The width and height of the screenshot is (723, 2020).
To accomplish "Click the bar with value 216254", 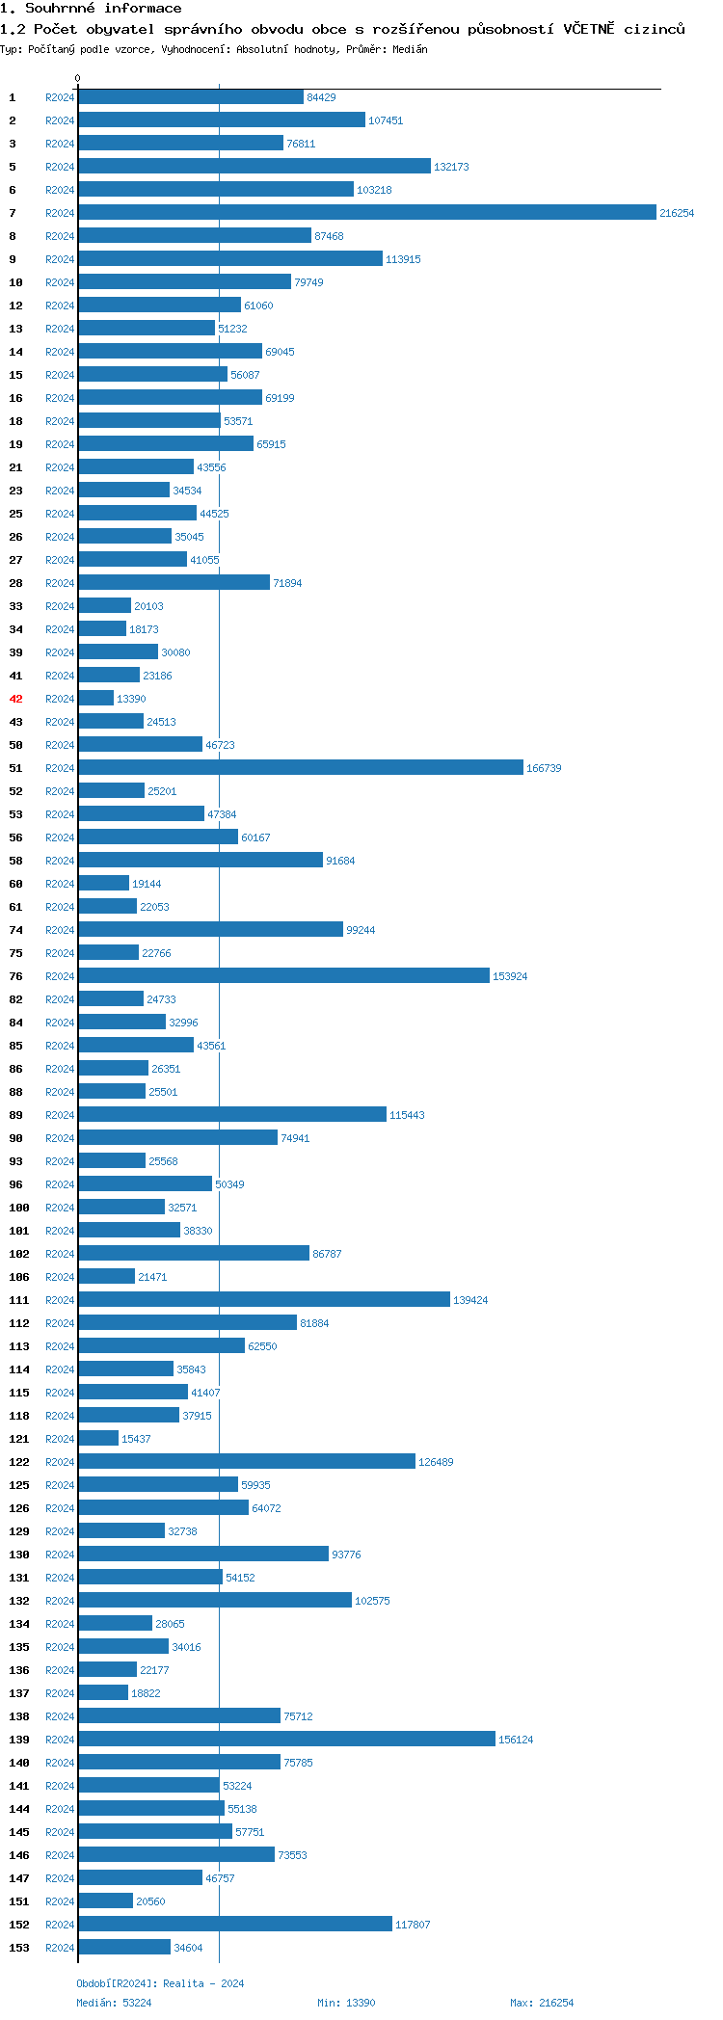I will [x=366, y=213].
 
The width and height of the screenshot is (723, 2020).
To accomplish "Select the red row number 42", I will [x=15, y=699].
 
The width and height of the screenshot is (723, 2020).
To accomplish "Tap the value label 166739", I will [x=544, y=768].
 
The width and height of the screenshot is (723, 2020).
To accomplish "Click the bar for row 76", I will [x=283, y=976].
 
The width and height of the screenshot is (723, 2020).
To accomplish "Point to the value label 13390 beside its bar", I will [x=131, y=699].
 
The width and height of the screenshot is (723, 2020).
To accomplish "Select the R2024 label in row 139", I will [x=60, y=1740].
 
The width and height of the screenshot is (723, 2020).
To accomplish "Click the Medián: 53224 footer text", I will [x=114, y=2003].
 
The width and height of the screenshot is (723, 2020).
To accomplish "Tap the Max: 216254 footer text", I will [x=541, y=2003].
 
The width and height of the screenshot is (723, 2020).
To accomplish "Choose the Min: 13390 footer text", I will [x=346, y=2003].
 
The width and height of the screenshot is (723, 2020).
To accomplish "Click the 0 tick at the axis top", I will [x=78, y=78].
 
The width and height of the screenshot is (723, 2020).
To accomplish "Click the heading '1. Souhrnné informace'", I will [x=91, y=9].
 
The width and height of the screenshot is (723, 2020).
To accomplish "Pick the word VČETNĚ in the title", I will [x=588, y=29].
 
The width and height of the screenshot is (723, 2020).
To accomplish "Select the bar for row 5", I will [x=254, y=167].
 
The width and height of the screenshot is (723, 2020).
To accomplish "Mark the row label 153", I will [x=19, y=1948].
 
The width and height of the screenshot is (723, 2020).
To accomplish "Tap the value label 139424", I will [x=470, y=1300].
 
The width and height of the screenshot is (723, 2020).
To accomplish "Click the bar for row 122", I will [x=247, y=1462].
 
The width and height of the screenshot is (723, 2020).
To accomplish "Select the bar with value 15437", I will [x=98, y=1439].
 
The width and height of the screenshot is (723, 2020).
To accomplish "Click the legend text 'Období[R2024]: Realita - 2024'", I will [x=160, y=1983].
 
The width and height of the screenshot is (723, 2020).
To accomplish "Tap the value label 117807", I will [x=413, y=1925].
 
